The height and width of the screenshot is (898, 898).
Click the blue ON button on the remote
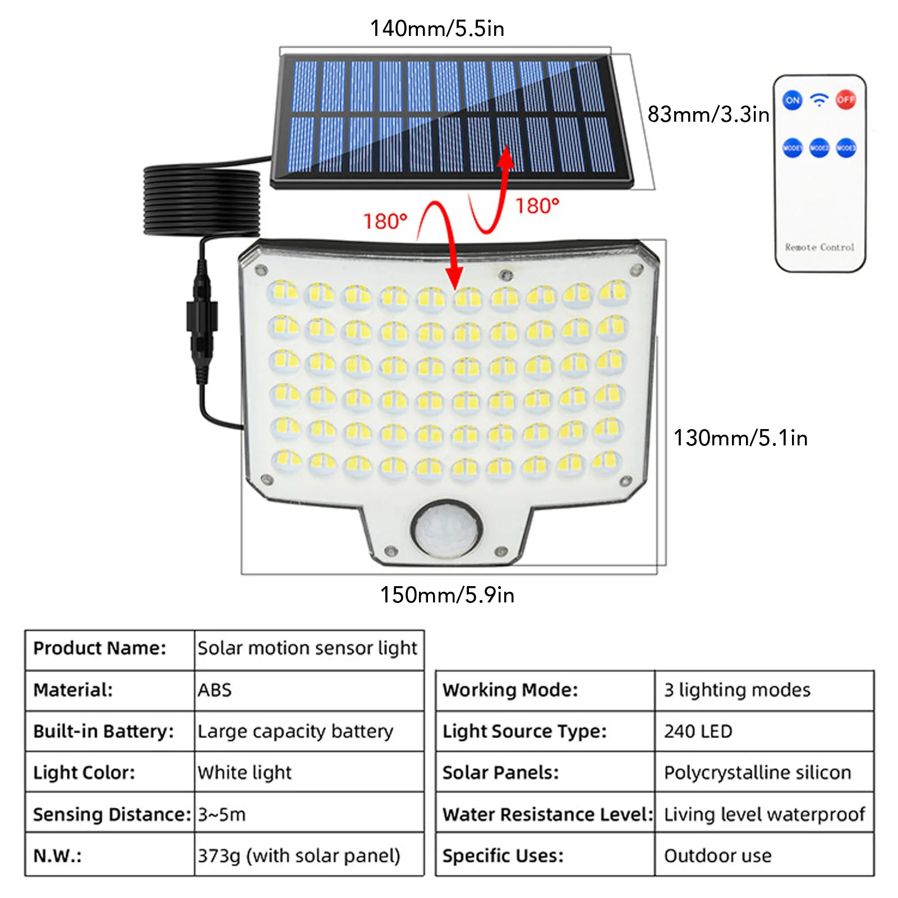point(792,100)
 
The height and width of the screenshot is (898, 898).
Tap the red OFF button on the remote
point(845,100)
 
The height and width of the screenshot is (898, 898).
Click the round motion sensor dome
point(446,529)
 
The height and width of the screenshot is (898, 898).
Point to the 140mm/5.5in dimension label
point(437,29)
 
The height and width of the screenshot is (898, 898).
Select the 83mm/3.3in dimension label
point(708,114)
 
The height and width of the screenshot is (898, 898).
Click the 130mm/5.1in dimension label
point(740,438)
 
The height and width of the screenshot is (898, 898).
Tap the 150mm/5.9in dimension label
point(447,595)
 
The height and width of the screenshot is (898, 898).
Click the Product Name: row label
point(100,648)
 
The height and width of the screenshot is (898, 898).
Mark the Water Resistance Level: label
point(547,814)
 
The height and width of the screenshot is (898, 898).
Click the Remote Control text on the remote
point(819,247)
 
